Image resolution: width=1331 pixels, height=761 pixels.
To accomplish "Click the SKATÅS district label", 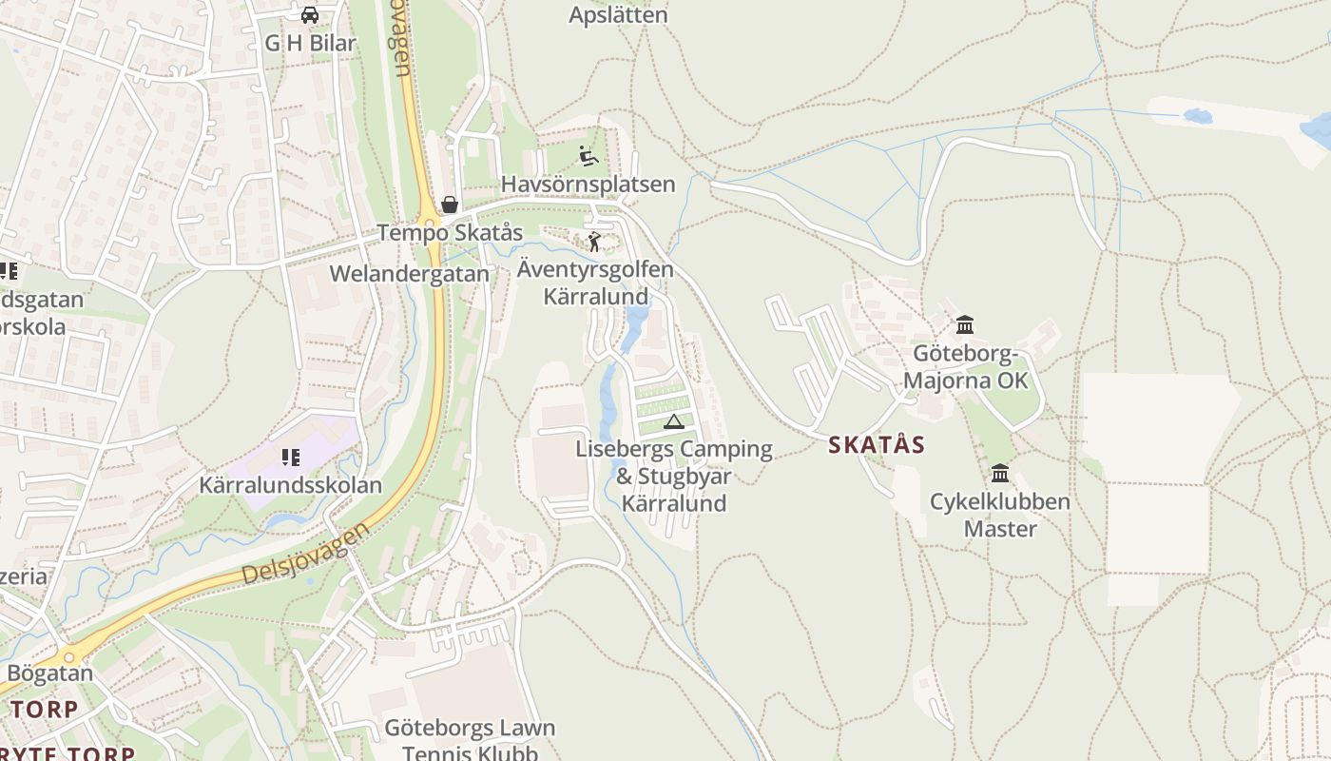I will click(876, 444).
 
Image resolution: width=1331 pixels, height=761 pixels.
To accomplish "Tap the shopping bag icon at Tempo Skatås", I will click(449, 205).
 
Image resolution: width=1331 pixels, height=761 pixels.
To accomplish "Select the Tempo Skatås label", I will click(450, 232).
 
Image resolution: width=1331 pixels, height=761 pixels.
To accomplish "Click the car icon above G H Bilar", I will click(309, 15).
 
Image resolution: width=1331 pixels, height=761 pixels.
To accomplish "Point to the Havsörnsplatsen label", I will click(588, 184).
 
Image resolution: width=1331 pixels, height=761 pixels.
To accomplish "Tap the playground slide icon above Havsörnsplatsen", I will click(588, 156).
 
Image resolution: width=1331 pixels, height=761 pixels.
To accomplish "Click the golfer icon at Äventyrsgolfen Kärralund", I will click(594, 242).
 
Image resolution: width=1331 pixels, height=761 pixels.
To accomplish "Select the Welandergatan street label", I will click(409, 274).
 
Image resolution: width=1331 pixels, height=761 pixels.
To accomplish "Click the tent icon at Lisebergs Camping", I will click(674, 421).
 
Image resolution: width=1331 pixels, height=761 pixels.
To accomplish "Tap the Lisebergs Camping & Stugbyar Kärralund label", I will click(674, 476).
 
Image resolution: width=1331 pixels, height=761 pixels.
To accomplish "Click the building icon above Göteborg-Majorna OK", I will click(965, 325).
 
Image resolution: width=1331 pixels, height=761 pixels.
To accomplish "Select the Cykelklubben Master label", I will click(999, 515).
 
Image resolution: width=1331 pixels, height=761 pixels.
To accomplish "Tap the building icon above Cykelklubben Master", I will click(999, 473).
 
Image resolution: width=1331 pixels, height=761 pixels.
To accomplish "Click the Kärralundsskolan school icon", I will click(290, 458).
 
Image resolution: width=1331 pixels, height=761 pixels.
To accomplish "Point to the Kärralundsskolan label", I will click(290, 485).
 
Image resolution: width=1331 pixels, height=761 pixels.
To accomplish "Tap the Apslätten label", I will click(618, 15).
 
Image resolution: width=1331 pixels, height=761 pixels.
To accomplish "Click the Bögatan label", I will click(49, 673).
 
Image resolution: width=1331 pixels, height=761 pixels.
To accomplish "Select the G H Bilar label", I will click(310, 43).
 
